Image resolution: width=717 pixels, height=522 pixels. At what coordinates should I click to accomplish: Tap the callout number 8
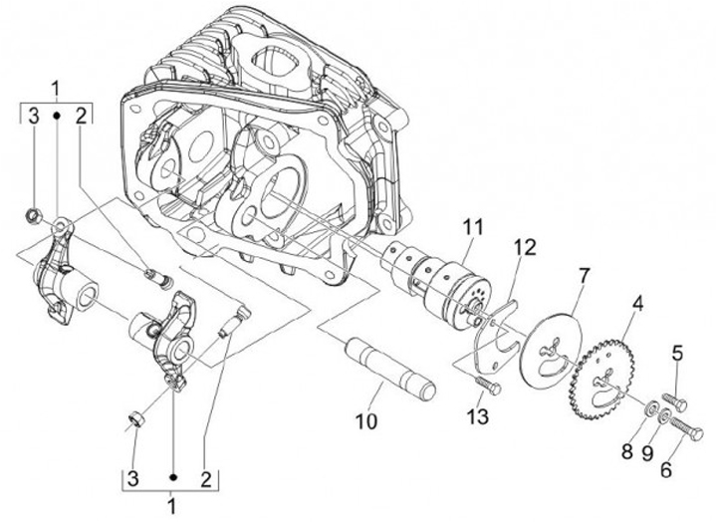626,451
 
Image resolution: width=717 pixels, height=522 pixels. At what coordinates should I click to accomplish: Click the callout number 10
367,420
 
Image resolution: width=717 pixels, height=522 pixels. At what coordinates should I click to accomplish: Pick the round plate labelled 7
547,345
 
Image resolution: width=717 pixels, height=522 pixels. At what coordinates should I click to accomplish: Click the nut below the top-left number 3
32,213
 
